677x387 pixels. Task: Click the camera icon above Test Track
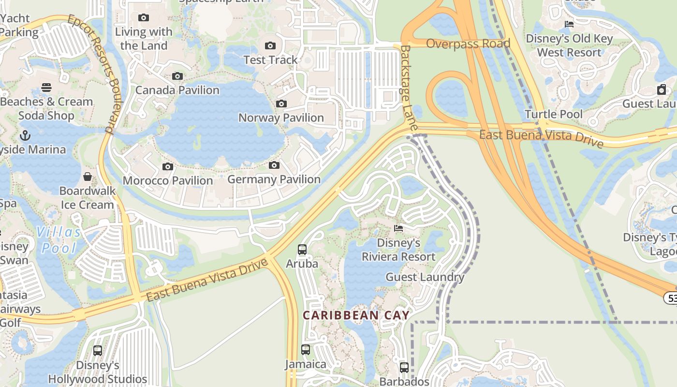(270, 46)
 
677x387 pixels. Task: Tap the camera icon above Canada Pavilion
(177, 76)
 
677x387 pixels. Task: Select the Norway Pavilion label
(281, 118)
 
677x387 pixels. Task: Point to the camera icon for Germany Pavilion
(274, 165)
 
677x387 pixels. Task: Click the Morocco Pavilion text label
(168, 180)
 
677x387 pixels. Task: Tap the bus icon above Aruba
(302, 250)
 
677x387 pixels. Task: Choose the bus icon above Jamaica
(306, 349)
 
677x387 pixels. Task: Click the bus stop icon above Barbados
(404, 367)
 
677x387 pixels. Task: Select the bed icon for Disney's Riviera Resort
(398, 228)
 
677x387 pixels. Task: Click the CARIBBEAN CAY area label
(356, 315)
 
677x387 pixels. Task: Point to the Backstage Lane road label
(409, 88)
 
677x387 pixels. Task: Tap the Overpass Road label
(468, 44)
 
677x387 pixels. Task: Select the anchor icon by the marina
(25, 135)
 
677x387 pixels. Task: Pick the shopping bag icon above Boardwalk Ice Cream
(88, 177)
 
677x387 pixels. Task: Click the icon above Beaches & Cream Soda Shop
(46, 88)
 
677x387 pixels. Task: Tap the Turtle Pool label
(554, 115)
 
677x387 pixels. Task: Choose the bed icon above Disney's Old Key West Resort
(569, 24)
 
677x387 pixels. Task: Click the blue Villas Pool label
(59, 240)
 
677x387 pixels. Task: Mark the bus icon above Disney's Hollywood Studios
(98, 351)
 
